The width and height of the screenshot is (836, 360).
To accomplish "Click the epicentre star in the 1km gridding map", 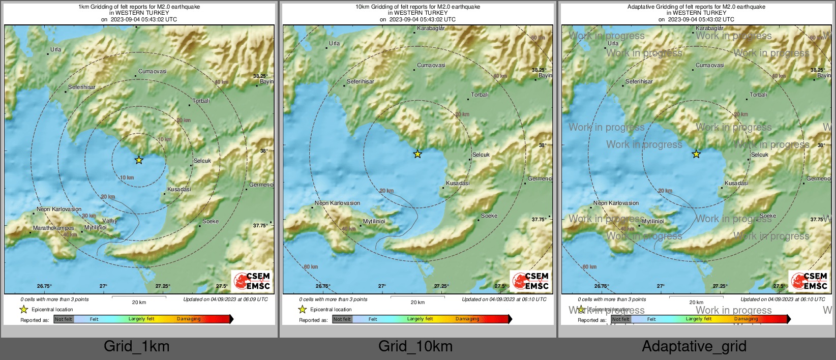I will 139,160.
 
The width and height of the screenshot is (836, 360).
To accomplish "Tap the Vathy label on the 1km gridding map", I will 110,221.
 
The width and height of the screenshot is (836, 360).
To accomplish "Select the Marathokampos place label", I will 53,228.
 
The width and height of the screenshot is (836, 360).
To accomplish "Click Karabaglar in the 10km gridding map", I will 431,28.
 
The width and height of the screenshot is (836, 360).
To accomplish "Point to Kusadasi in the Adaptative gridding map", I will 736,183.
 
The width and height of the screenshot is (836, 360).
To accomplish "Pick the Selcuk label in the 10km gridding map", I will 481,155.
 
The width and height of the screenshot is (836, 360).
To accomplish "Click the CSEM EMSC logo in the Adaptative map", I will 809,281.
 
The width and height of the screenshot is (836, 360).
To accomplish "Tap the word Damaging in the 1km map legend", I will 189,319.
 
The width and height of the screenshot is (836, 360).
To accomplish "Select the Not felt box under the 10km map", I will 342,319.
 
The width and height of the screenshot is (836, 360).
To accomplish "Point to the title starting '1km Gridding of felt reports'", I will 139,7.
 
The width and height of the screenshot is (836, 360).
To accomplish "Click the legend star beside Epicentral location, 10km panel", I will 303,309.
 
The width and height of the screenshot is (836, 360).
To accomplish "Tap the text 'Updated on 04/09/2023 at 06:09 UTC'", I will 225,299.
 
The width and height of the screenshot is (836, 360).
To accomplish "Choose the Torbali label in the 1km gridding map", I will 201,101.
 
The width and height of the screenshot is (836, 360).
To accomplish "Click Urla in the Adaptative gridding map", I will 613,43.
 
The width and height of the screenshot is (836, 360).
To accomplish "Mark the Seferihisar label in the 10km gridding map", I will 361,81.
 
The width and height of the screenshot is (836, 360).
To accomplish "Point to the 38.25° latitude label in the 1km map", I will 260,76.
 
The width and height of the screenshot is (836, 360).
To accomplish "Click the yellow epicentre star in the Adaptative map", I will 696,154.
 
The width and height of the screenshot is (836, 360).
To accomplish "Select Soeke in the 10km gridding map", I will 489,216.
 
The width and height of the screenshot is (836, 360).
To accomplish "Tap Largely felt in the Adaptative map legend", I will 699,319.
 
